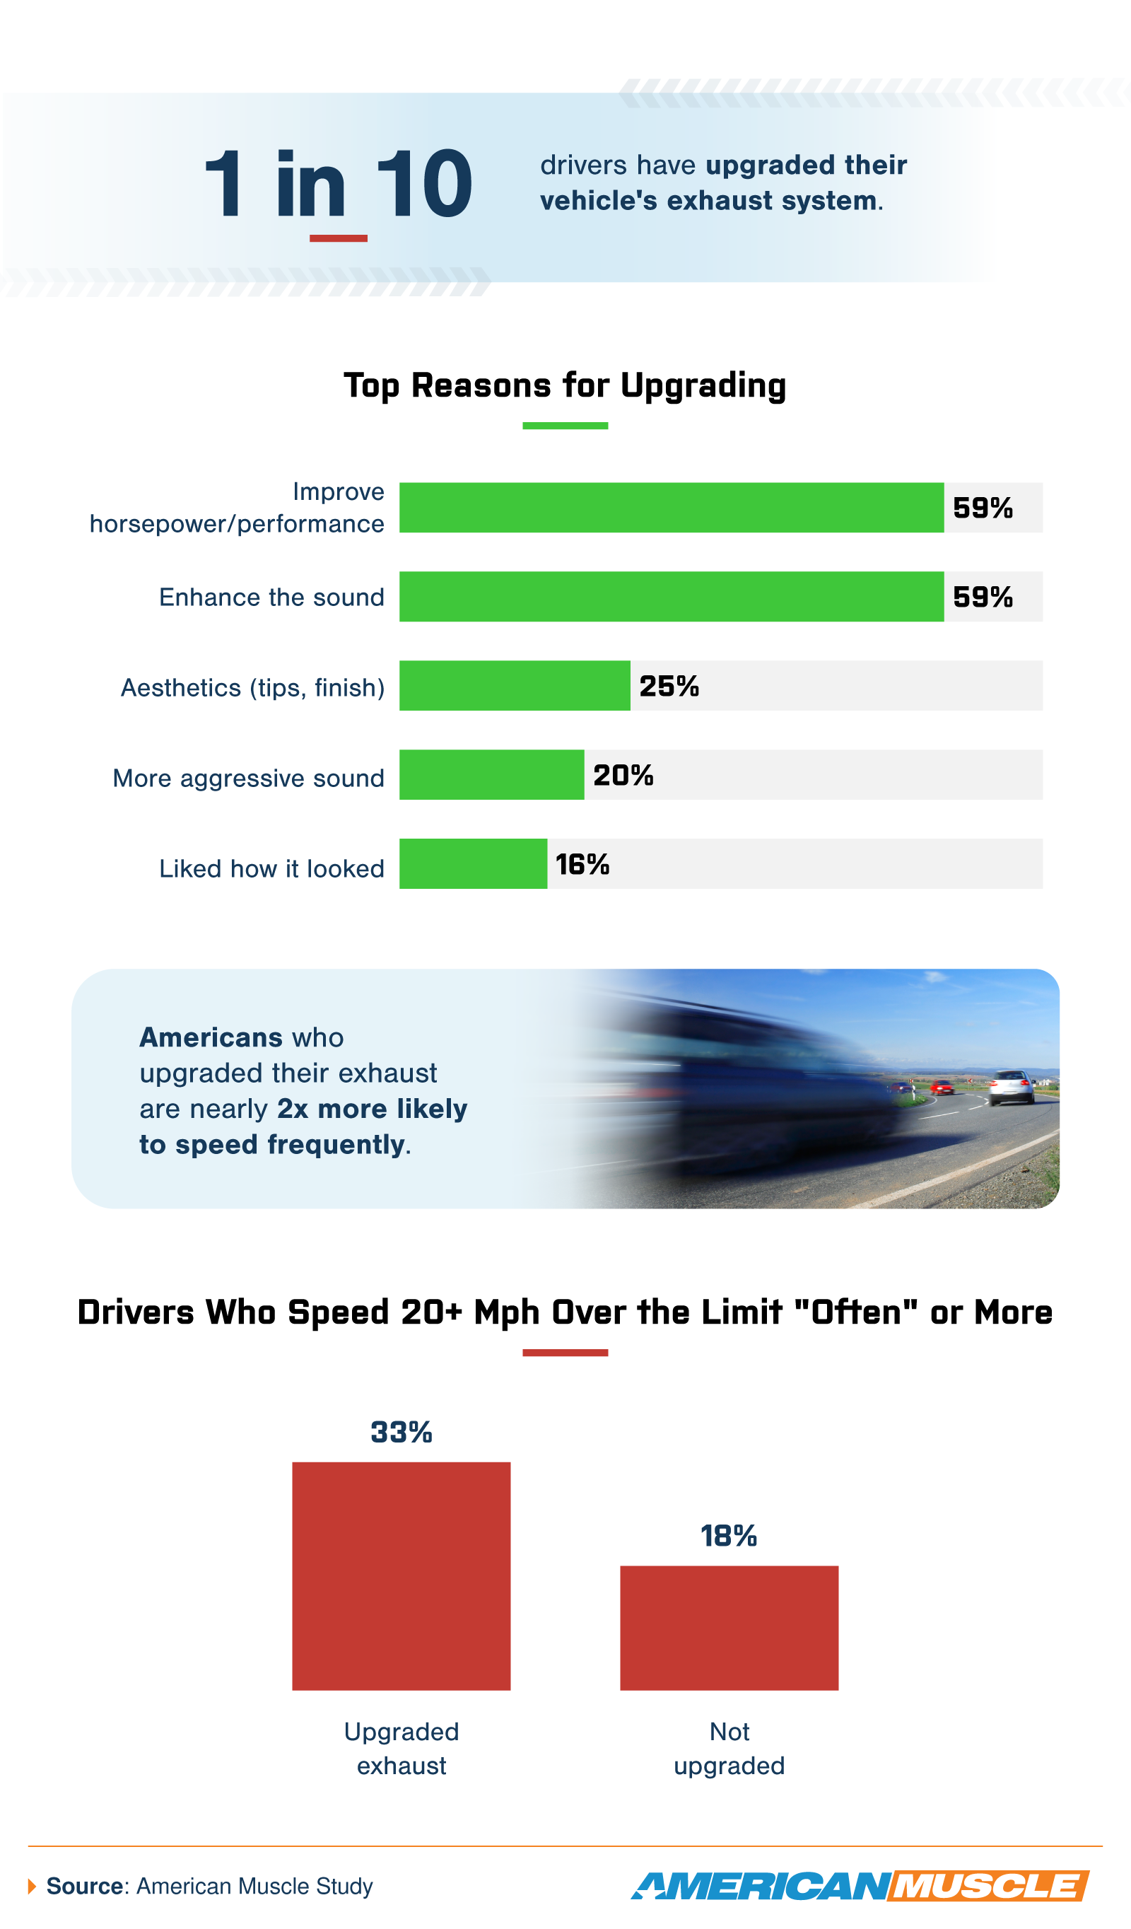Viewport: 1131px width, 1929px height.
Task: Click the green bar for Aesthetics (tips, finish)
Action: [514, 686]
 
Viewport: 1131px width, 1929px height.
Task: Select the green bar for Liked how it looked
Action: [473, 863]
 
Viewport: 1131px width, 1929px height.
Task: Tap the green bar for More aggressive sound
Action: [491, 775]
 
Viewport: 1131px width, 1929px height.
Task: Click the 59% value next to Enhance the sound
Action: [983, 597]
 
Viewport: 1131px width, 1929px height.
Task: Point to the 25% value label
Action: [669, 686]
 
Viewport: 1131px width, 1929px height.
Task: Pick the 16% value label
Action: [582, 864]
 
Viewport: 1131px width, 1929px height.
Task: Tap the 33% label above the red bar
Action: [401, 1431]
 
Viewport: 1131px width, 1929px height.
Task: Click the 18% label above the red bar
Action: [729, 1536]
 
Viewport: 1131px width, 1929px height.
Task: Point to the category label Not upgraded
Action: [729, 1749]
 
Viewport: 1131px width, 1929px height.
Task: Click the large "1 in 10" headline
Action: [337, 184]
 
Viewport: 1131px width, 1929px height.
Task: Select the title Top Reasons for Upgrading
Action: [565, 385]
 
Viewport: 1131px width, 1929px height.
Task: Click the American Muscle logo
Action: [860, 1885]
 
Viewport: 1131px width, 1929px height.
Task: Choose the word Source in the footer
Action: [84, 1886]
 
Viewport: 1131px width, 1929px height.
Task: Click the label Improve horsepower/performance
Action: [238, 508]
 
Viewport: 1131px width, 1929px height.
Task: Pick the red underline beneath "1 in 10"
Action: [338, 239]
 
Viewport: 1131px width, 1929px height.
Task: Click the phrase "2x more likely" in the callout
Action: [372, 1109]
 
